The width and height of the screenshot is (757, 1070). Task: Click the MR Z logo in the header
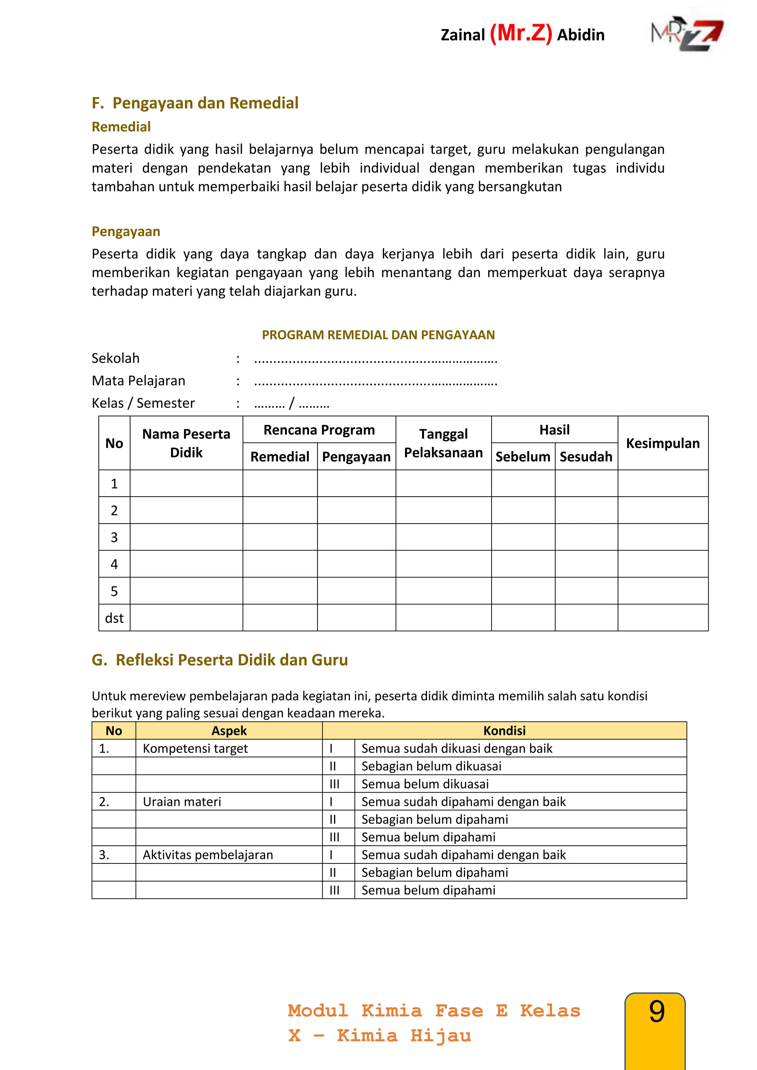[687, 35]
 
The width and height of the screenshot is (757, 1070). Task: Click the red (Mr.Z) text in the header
[521, 34]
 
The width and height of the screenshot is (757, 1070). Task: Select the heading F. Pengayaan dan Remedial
[195, 103]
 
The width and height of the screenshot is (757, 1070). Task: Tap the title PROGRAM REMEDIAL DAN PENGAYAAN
[378, 335]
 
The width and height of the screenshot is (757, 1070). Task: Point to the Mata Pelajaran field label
[139, 381]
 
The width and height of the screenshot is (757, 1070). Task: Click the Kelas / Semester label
[143, 403]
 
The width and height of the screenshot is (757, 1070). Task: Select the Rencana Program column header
[319, 430]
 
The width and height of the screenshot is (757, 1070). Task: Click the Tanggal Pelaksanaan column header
[443, 443]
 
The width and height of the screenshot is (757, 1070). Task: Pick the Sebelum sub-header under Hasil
[523, 457]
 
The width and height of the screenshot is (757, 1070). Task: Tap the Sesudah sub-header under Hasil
[586, 457]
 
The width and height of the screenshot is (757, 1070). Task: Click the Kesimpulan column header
[662, 443]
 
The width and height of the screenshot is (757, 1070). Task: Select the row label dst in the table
[114, 618]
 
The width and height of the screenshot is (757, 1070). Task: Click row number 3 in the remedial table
[114, 537]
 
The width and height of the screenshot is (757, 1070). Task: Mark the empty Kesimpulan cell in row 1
[662, 483]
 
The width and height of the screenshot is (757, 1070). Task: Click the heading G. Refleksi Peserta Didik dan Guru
[220, 660]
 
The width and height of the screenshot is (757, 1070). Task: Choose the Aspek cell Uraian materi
[182, 801]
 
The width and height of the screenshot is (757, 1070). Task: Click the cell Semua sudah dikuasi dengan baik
[456, 749]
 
